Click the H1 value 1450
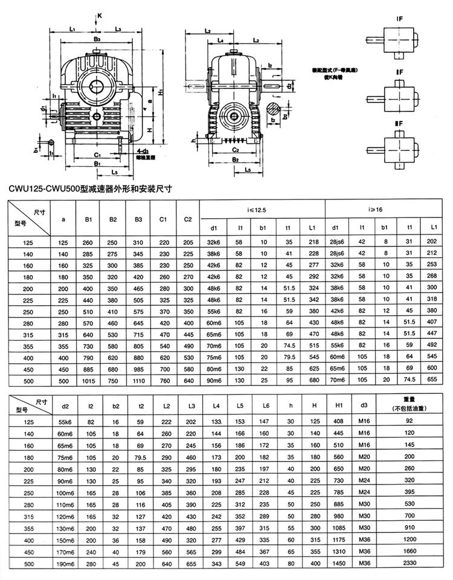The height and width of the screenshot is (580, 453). tap(339, 563)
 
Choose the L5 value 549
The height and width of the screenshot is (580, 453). tap(240, 563)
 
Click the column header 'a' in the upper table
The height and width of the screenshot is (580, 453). tap(63, 219)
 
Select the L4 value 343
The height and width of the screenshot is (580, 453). tap(216, 563)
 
